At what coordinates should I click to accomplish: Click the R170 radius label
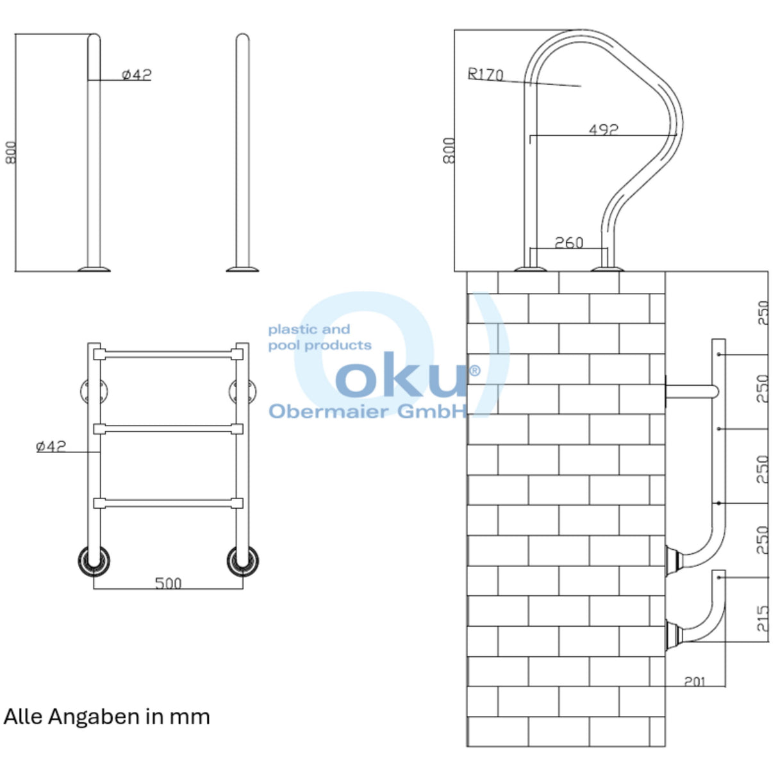point(485,74)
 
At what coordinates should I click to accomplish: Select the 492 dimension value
point(604,129)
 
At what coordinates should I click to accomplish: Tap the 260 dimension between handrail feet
point(569,242)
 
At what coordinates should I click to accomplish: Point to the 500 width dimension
point(168,583)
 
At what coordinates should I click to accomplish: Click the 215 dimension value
point(762,618)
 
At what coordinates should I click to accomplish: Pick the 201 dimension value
point(695,681)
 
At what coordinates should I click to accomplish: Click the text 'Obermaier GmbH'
point(368,411)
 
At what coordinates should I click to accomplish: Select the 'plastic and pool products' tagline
point(320,337)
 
